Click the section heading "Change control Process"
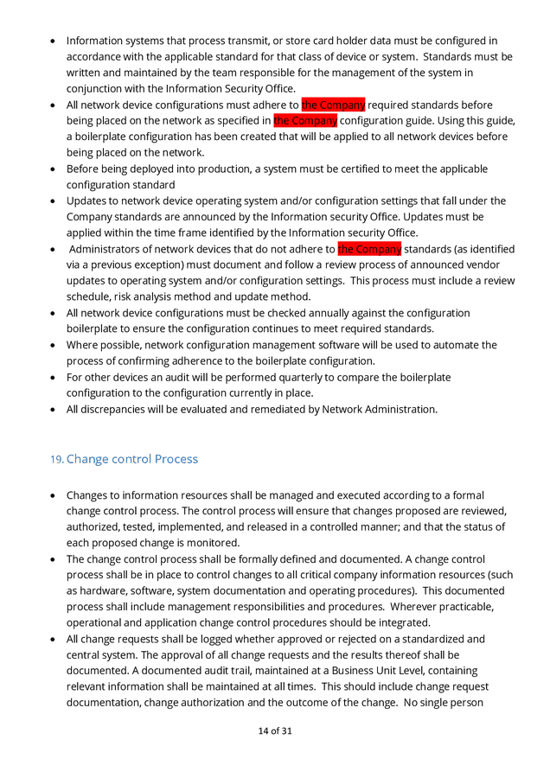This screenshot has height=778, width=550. click(x=131, y=459)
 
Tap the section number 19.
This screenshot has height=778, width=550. click(x=57, y=460)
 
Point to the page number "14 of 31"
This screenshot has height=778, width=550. click(x=275, y=730)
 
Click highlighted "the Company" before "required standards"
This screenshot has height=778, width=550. click(x=333, y=105)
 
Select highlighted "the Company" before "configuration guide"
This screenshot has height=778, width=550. click(x=304, y=120)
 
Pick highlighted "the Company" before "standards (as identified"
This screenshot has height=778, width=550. click(x=369, y=249)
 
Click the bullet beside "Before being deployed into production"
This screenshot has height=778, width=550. click(x=54, y=169)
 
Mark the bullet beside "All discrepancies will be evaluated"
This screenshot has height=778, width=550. click(x=54, y=410)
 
